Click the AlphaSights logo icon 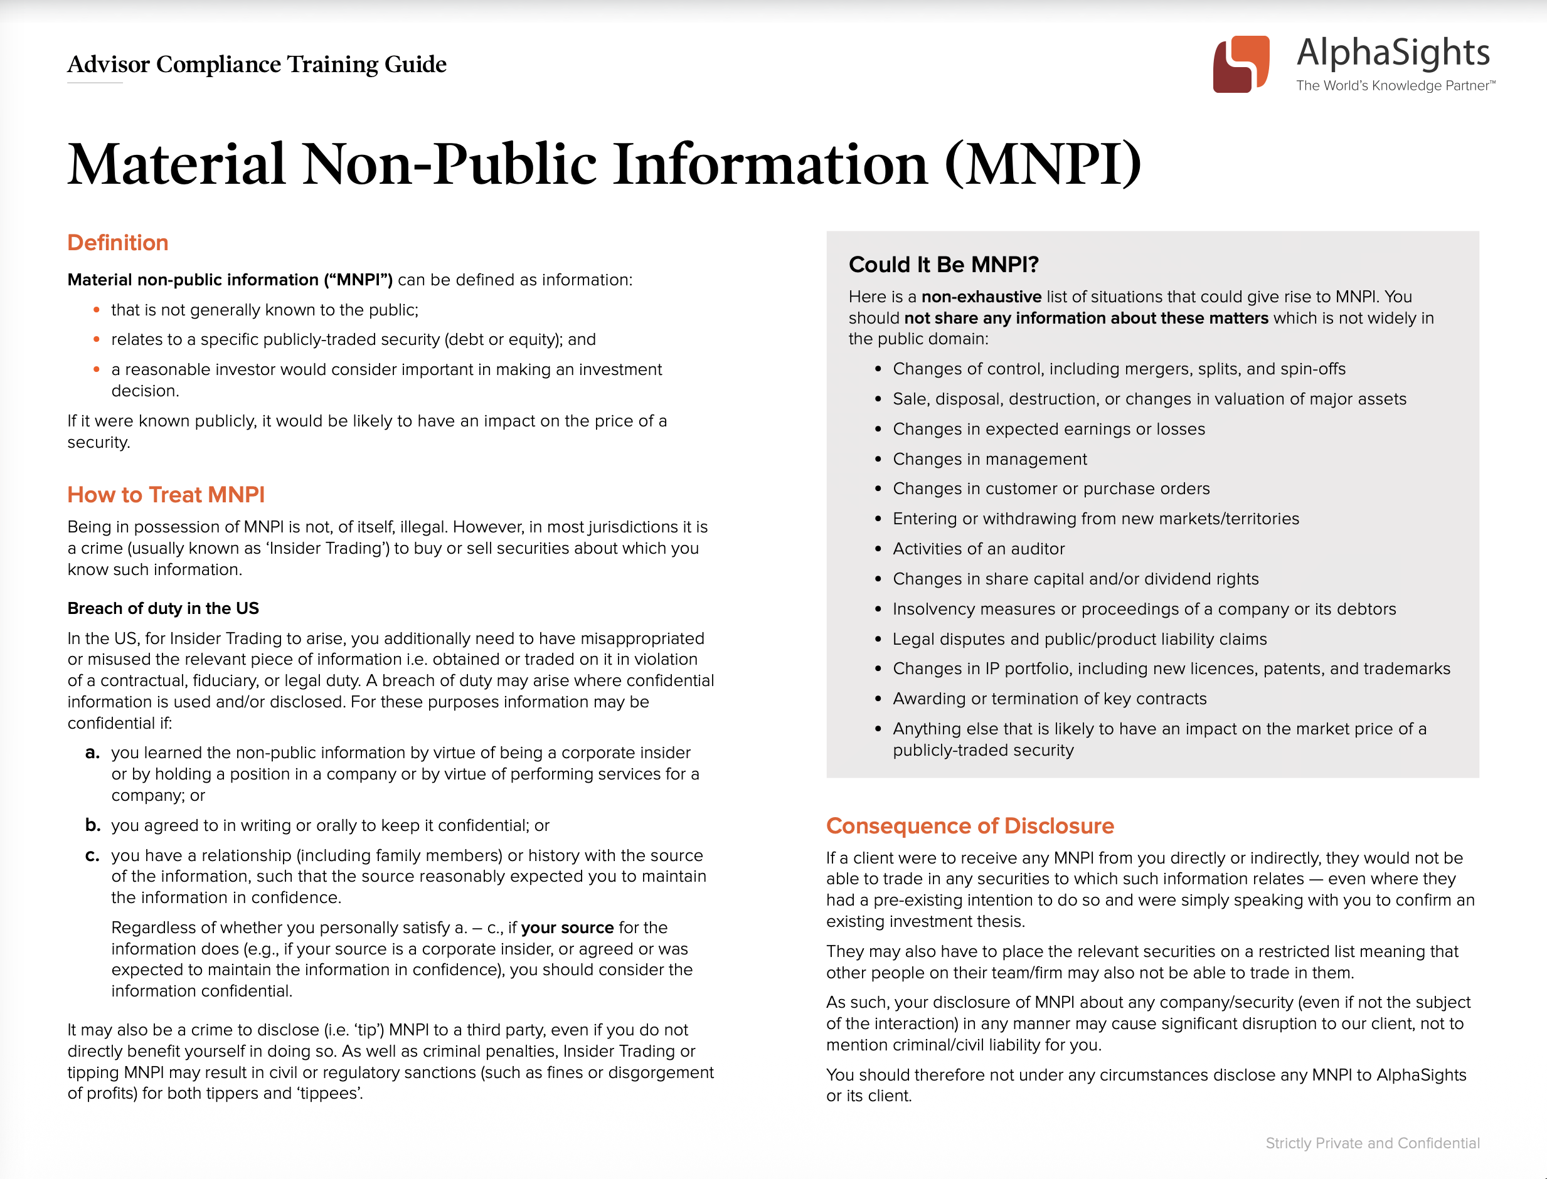click(x=1240, y=64)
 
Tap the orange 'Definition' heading click(x=117, y=243)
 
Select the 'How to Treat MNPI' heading click(x=166, y=495)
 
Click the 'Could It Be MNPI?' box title click(x=943, y=265)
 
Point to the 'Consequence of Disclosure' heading click(x=969, y=826)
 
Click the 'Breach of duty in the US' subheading click(x=163, y=608)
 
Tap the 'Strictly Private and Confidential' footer click(x=1371, y=1143)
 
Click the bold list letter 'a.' click(x=93, y=753)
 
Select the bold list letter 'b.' click(x=93, y=825)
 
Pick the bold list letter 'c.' click(x=93, y=855)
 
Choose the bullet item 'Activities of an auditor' click(x=978, y=549)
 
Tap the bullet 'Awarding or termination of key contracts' click(x=1049, y=699)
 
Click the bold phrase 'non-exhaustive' click(x=981, y=297)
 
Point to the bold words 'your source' click(x=567, y=928)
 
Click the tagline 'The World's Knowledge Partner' click(x=1394, y=86)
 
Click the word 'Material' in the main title click(x=176, y=165)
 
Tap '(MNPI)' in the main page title click(x=1043, y=165)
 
